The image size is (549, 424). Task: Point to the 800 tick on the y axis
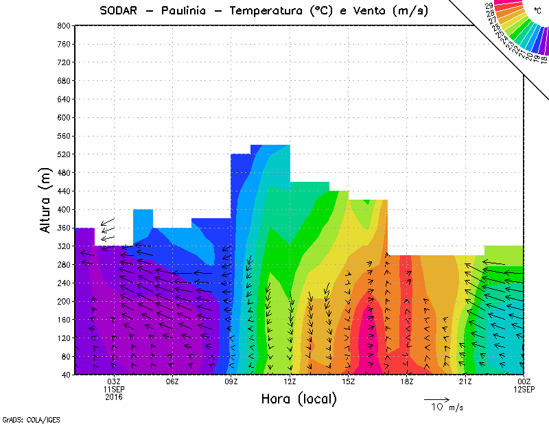tap(64, 25)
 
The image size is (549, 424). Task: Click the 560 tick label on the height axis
tap(64, 136)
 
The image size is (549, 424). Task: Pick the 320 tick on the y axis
tap(64, 246)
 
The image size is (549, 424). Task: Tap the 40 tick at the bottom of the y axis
tap(66, 375)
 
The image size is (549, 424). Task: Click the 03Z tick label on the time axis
tap(114, 381)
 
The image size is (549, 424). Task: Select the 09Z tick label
tap(231, 381)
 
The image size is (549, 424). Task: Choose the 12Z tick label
tap(290, 381)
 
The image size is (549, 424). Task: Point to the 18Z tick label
tap(407, 381)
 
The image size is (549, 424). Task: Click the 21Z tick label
tap(465, 381)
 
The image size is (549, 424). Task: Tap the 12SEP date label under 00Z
tap(524, 389)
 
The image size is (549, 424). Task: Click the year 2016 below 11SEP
tap(114, 397)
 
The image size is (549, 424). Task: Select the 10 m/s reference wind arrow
tap(436, 399)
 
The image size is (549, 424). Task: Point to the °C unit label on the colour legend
tap(537, 10)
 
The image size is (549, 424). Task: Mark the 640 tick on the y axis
tap(64, 99)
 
